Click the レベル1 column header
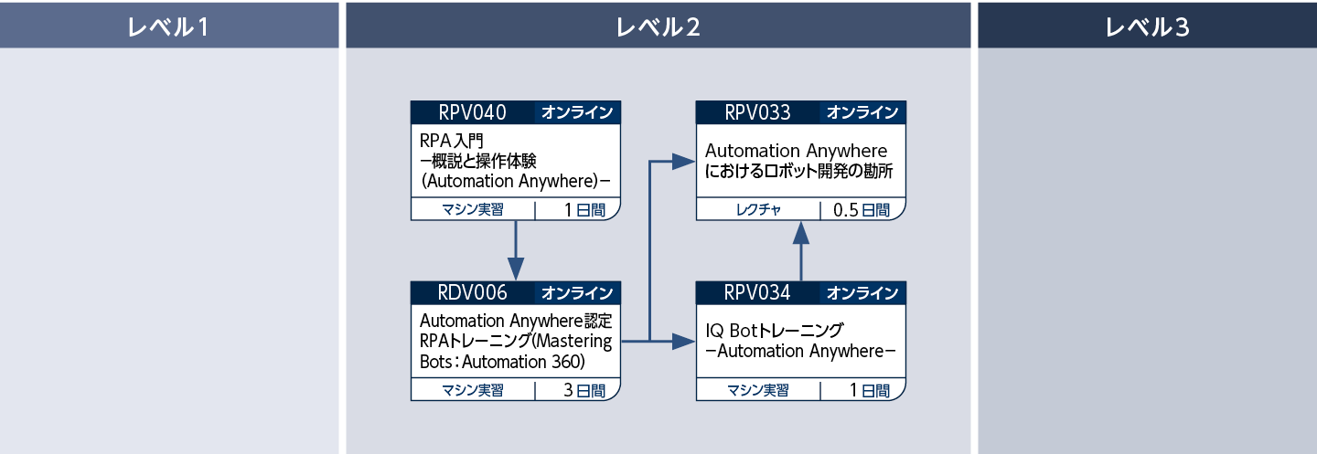(x=169, y=26)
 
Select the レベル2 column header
(x=658, y=26)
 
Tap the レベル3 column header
(x=1147, y=26)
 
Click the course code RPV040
(x=472, y=112)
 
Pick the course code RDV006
(x=472, y=293)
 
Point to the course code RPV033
(x=757, y=112)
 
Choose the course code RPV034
(x=757, y=293)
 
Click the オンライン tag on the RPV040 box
(x=577, y=112)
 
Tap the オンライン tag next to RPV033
(x=862, y=112)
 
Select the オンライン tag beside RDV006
(x=577, y=293)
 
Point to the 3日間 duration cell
(x=578, y=391)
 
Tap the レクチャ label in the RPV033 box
(x=758, y=210)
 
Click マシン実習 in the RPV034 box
(x=758, y=391)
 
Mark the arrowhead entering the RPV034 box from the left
(x=684, y=342)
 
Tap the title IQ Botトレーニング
(x=774, y=331)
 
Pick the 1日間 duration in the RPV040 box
(x=578, y=210)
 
